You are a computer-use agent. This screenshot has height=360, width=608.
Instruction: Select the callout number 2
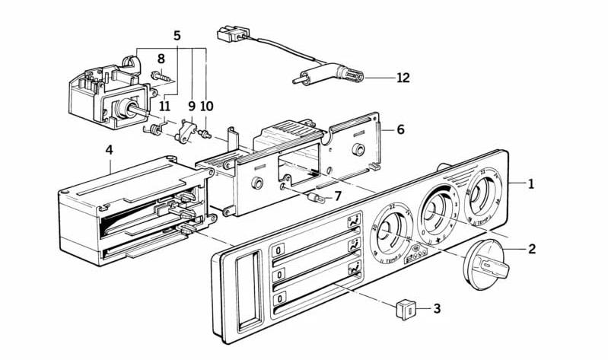[x=531, y=248]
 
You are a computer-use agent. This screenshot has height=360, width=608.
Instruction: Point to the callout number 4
[x=109, y=151]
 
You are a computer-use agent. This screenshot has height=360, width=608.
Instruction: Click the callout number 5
[x=177, y=36]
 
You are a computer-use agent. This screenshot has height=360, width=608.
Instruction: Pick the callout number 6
[x=400, y=129]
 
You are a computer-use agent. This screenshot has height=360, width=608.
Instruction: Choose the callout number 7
[x=338, y=196]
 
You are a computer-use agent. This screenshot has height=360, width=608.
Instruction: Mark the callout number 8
[x=161, y=59]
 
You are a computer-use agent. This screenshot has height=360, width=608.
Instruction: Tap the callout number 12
[x=403, y=77]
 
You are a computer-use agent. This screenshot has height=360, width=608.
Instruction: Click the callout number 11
[x=164, y=107]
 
